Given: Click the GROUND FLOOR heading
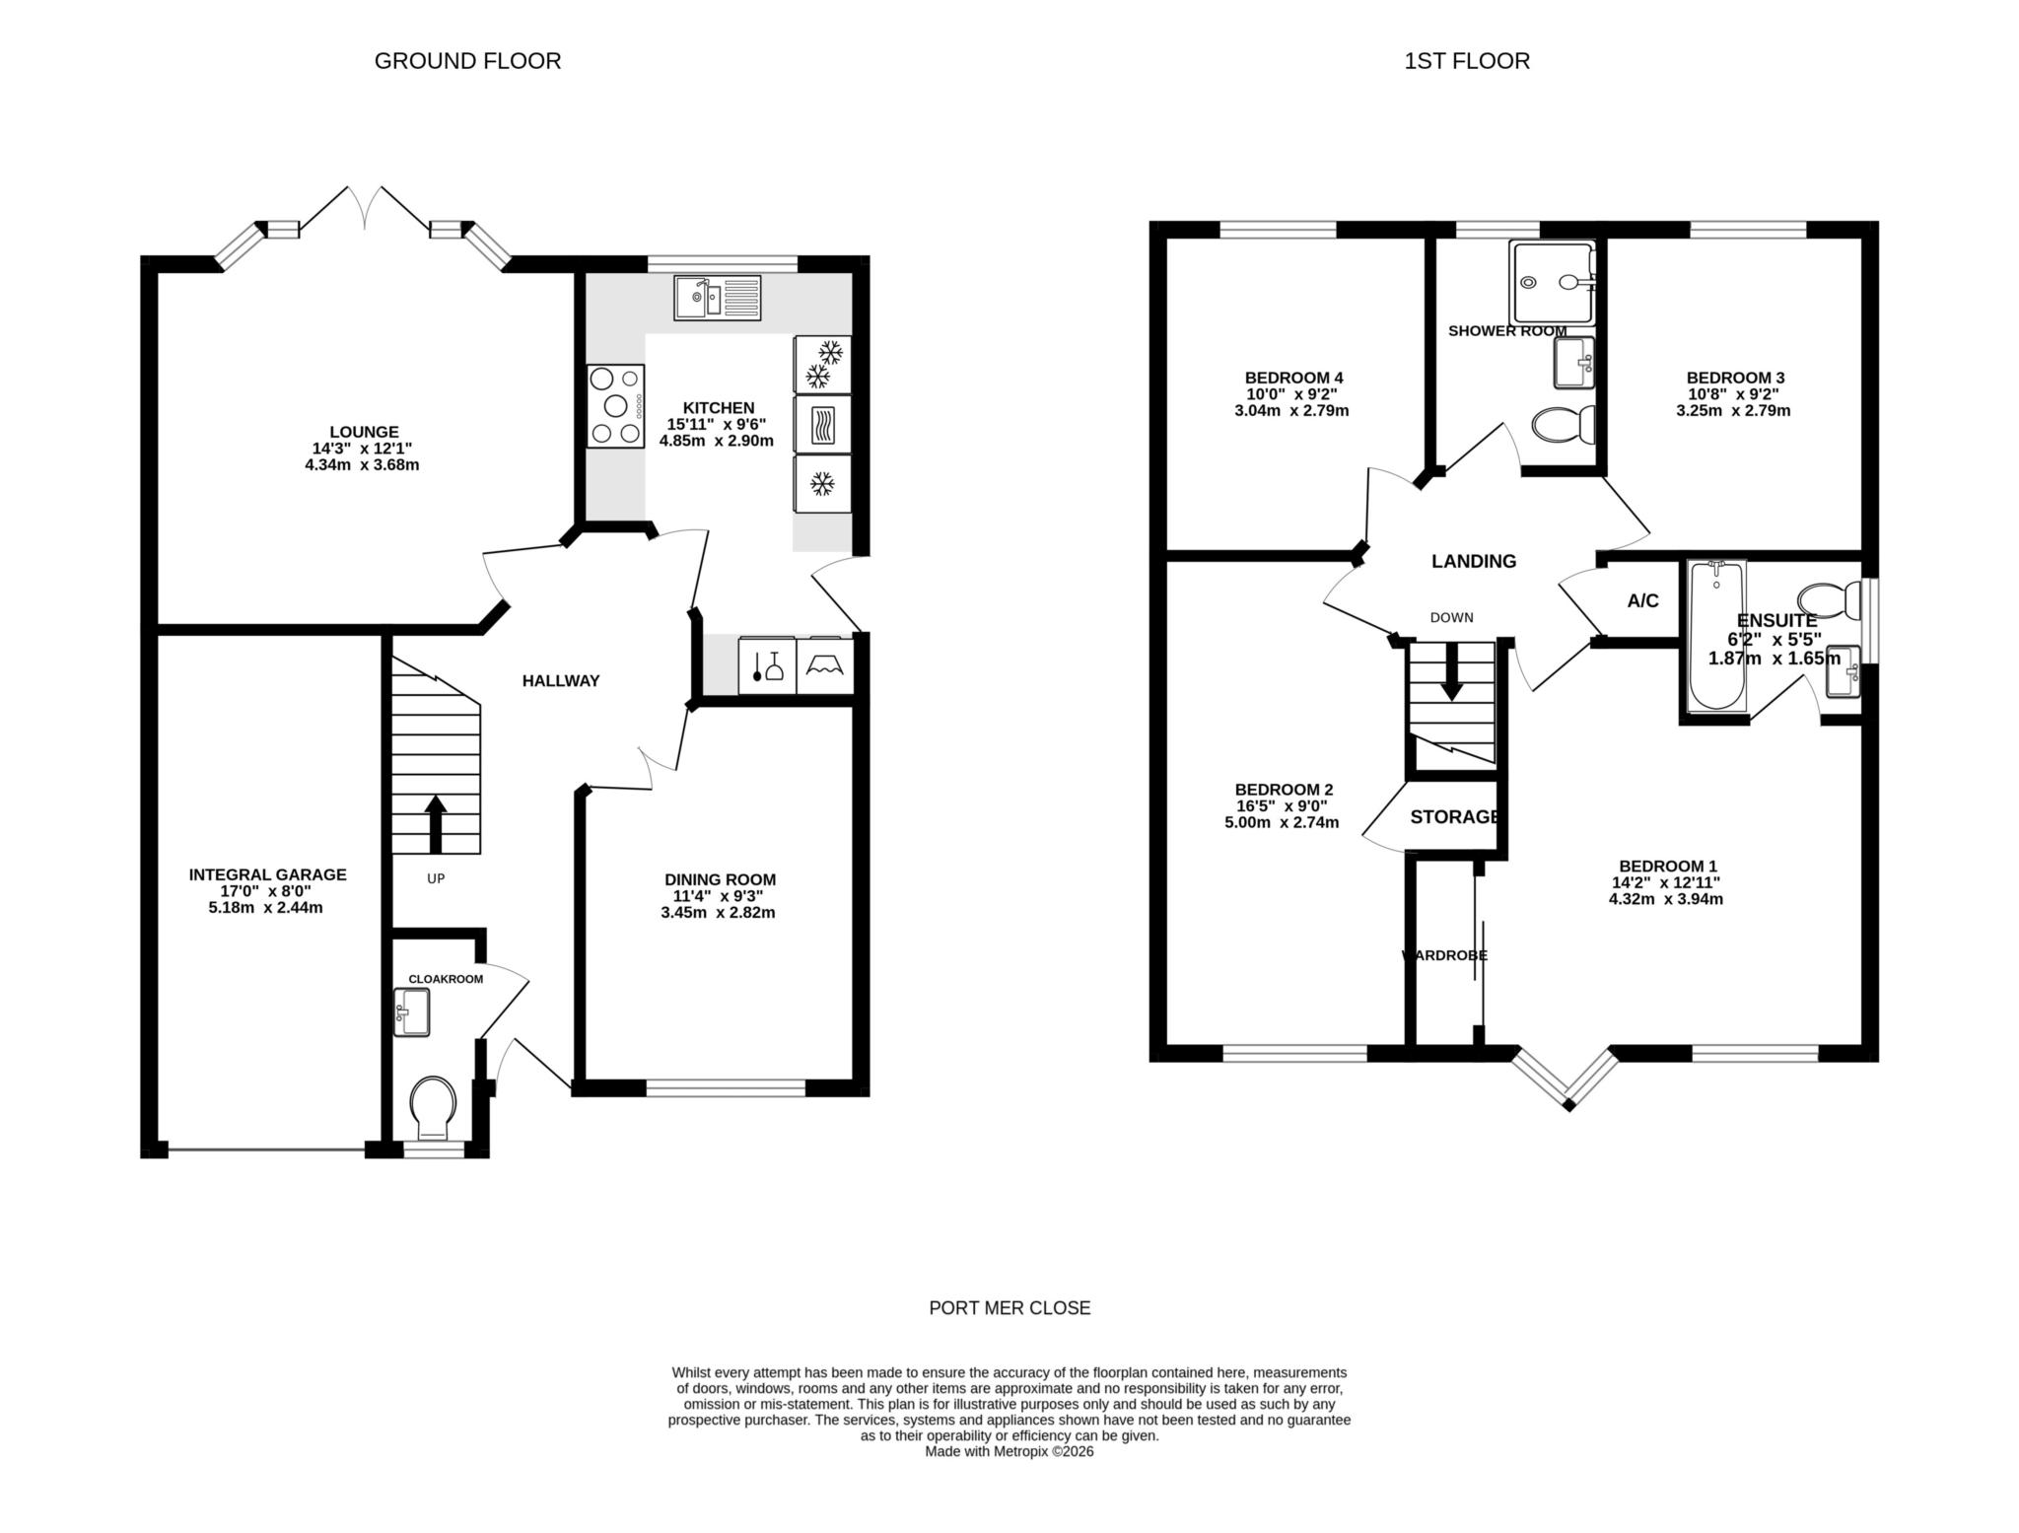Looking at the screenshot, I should click(467, 61).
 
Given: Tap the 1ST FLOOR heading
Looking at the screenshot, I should click(1467, 61).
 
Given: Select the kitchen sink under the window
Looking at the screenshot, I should click(717, 298).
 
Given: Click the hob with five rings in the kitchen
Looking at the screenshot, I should click(615, 406).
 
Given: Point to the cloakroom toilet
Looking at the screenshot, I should click(434, 1106).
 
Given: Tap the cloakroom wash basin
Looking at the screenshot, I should click(412, 1012).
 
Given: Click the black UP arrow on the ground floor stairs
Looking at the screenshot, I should click(435, 823).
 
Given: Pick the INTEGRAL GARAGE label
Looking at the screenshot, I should click(267, 874).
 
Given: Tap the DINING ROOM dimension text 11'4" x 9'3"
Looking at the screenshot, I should click(719, 896).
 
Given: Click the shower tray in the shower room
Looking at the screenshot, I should click(1552, 283).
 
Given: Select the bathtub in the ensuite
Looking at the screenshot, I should click(1717, 635).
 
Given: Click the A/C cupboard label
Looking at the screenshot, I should click(1642, 601).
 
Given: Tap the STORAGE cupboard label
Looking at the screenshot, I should click(1454, 817).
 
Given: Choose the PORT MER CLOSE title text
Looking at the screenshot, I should click(1009, 1308).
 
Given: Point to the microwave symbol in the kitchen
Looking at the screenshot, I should click(822, 425).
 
